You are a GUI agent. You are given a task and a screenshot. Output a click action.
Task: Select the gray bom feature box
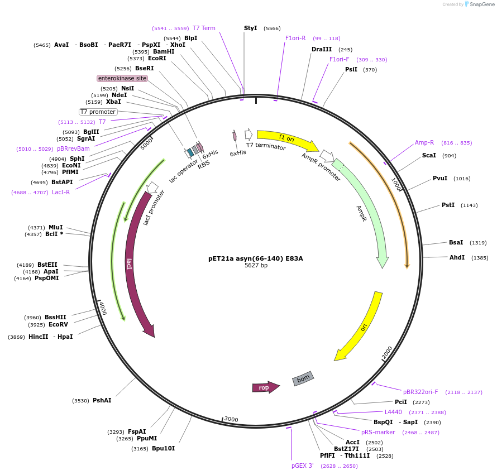[x=303, y=378]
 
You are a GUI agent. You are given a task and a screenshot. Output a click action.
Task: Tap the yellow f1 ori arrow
[x=286, y=138]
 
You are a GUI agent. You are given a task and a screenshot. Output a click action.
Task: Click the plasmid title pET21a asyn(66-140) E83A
[x=256, y=258]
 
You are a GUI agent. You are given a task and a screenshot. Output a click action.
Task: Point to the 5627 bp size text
[x=256, y=266]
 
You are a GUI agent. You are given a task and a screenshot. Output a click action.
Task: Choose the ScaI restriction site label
[x=429, y=155]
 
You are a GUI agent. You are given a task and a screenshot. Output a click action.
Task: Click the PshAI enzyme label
[x=102, y=400]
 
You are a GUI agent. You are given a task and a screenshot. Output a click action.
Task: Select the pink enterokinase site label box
[x=122, y=78]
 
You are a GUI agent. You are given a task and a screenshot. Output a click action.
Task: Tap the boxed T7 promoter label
[x=98, y=112]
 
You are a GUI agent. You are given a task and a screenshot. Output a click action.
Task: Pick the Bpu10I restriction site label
[x=163, y=448]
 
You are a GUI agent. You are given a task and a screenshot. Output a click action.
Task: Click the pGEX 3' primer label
[x=303, y=466]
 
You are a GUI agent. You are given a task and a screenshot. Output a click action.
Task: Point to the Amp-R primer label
[x=424, y=142]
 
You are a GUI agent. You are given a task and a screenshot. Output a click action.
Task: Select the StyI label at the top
[x=251, y=28]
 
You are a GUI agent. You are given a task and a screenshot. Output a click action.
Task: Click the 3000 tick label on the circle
[x=231, y=419]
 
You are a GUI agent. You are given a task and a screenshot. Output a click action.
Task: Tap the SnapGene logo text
[x=482, y=4]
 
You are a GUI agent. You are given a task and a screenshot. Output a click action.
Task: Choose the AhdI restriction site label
[x=457, y=257]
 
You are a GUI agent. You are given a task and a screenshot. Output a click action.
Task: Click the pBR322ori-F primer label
[x=420, y=392]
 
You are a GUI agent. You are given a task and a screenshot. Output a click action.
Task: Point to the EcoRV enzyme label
[x=58, y=324]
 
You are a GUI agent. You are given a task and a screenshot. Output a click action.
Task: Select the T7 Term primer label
[x=204, y=28]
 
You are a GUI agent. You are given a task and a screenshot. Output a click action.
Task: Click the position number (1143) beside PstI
[x=469, y=205]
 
